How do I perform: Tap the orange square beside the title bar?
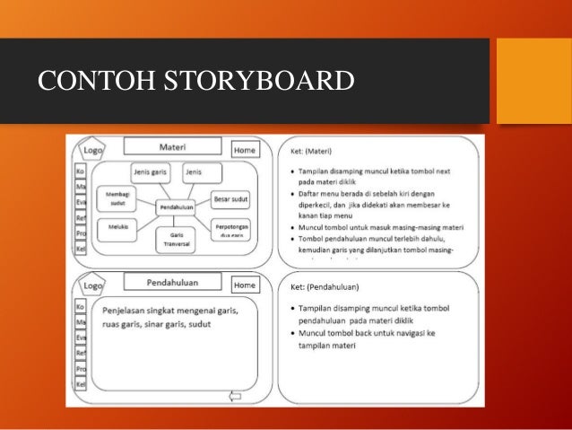(533, 81)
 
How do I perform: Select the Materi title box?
(172, 146)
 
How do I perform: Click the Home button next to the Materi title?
(245, 151)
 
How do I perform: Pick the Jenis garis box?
(151, 171)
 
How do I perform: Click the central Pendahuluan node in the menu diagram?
(177, 207)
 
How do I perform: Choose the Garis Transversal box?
(176, 239)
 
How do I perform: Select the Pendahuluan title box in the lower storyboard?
(172, 282)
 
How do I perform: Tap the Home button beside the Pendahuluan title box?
(245, 285)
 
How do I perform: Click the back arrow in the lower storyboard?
(237, 395)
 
